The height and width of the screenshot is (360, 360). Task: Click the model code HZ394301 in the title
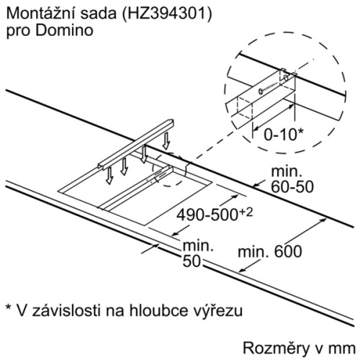coord(165,14)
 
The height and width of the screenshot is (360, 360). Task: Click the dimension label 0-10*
coord(284,135)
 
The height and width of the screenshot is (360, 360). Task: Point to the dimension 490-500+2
coord(215,214)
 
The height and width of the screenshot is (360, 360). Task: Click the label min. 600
coord(270,252)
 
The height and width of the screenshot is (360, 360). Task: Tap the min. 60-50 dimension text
coord(292,179)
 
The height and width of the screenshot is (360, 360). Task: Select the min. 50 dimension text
coord(198,253)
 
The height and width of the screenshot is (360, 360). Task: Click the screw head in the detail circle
coord(261,91)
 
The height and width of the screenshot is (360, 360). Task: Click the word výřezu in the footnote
coord(222,311)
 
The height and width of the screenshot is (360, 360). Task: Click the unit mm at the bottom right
coord(343,349)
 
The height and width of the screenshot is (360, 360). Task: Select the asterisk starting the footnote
coord(9,308)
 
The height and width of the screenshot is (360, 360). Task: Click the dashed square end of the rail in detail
coord(245,108)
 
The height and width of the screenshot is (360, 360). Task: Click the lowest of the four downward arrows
coord(109,176)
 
